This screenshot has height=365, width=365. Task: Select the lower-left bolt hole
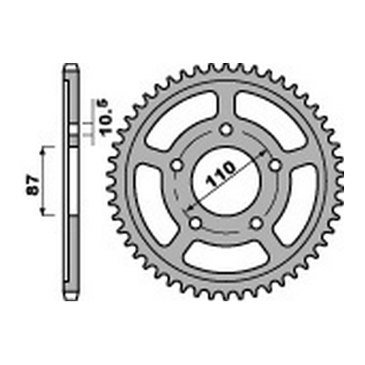click(195, 223)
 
